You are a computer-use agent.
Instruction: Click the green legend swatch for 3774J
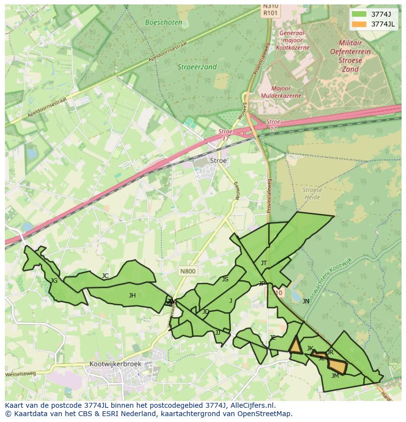click(x=359, y=14)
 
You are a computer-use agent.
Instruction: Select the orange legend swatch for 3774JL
click(x=359, y=24)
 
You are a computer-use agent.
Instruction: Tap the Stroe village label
click(x=218, y=160)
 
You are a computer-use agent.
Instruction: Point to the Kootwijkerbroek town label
click(x=115, y=364)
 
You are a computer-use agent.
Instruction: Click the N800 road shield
click(x=187, y=271)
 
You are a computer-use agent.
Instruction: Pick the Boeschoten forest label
click(x=164, y=23)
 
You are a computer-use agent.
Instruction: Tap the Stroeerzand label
click(x=197, y=67)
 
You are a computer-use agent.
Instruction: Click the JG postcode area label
click(x=54, y=281)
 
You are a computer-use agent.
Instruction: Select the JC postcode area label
click(x=105, y=276)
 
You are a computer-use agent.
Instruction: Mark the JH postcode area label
click(x=132, y=295)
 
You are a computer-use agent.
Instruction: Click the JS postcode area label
click(x=225, y=279)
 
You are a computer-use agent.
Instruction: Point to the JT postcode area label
click(x=264, y=263)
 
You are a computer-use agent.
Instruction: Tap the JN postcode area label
click(x=306, y=301)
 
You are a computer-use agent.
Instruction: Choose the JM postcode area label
click(x=335, y=376)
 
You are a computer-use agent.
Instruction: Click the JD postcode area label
click(x=206, y=312)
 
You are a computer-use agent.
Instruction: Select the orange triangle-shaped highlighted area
click(x=295, y=347)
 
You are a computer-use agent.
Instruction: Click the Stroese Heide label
click(x=312, y=194)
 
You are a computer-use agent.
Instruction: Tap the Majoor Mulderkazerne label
click(x=281, y=92)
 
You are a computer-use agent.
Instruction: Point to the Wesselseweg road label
click(x=21, y=374)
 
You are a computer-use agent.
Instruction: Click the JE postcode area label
click(x=273, y=337)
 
